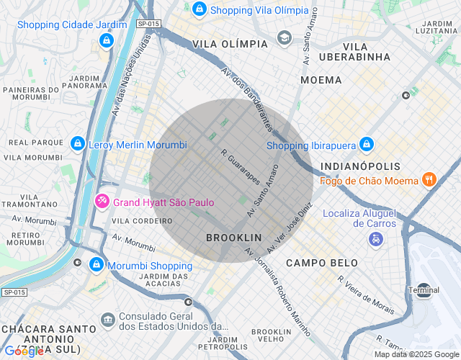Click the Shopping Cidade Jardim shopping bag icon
click(x=107, y=40)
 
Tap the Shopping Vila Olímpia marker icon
click(x=200, y=10)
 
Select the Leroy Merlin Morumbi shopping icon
click(x=77, y=145)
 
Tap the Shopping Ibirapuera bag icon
click(x=365, y=145)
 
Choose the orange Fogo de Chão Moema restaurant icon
click(x=429, y=179)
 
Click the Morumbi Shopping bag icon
click(x=95, y=266)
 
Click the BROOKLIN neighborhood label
click(x=233, y=237)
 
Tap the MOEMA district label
click(x=321, y=80)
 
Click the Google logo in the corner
click(x=23, y=352)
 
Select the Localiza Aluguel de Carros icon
click(x=375, y=238)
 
